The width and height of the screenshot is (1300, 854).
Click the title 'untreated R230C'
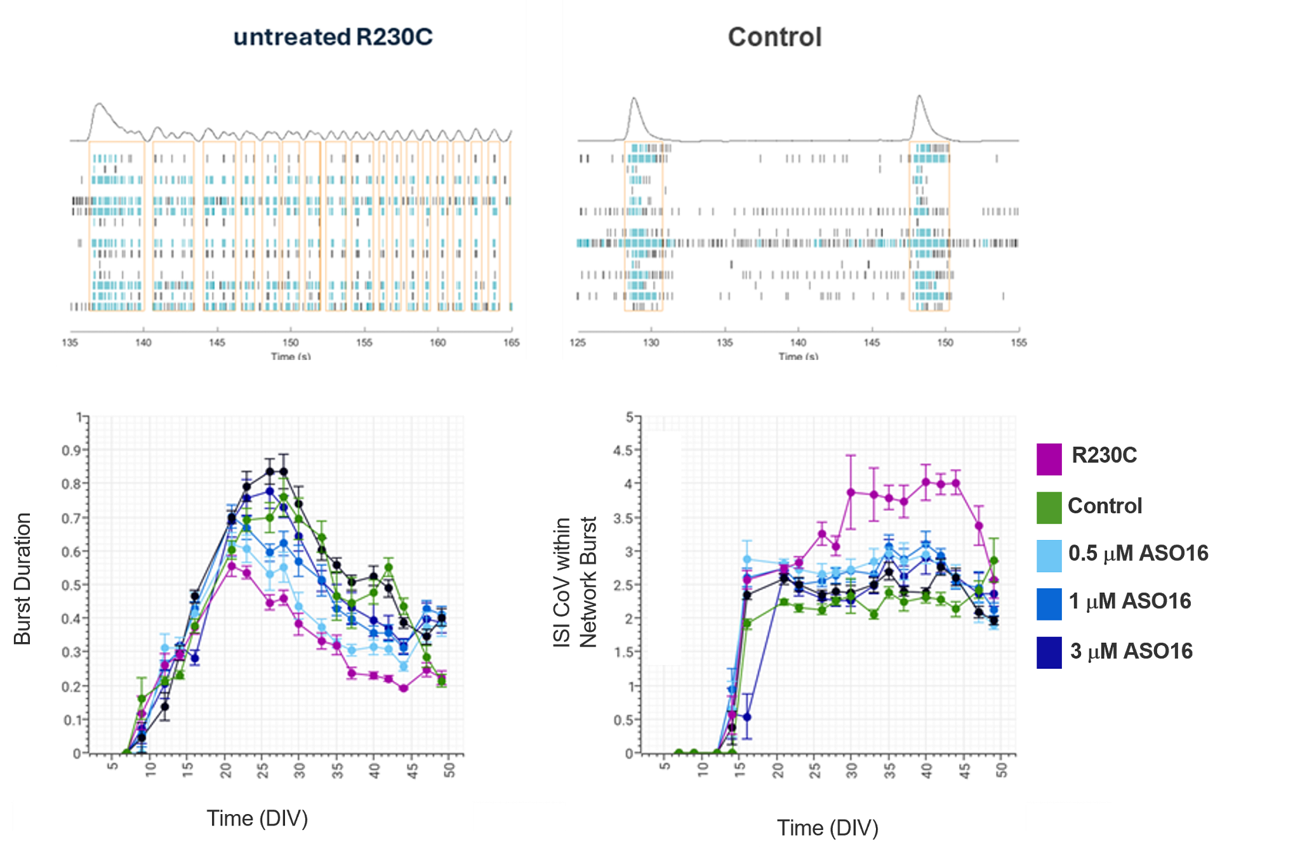333,37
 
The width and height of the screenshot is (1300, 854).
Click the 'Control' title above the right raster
774,37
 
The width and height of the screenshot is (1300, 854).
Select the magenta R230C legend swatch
1049,459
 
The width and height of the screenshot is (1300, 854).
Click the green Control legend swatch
1049,508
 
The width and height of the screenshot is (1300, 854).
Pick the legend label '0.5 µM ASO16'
1138,553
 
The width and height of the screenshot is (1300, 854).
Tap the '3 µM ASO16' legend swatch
1049,652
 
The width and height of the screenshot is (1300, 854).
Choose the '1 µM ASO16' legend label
1130,601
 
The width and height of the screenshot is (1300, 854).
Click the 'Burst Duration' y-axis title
22,579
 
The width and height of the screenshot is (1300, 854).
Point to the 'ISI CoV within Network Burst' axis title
575,582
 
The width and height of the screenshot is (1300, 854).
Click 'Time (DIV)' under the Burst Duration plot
257,818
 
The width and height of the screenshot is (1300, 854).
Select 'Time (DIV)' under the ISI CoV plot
828,828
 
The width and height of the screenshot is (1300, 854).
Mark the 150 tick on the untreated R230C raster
291,343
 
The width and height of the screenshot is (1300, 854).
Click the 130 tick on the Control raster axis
651,343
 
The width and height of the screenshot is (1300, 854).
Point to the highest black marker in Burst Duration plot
270,471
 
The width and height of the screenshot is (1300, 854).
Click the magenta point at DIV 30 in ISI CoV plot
851,492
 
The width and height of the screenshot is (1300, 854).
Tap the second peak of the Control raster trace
920,96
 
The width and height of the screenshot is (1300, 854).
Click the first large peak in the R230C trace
98,104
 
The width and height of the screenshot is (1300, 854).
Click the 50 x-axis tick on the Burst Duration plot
449,770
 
